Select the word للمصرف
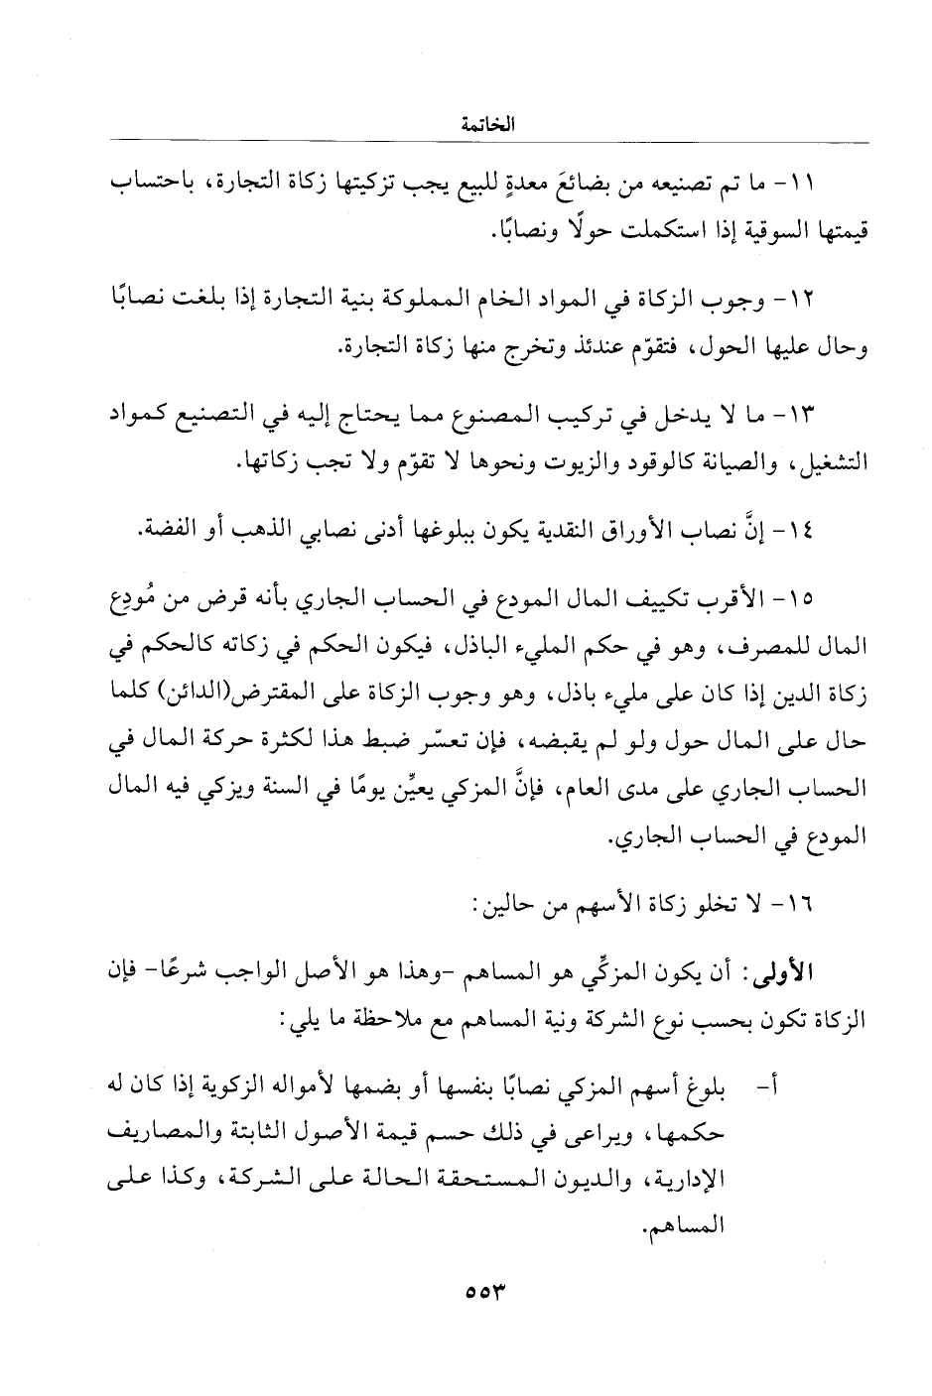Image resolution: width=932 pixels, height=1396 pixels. click(x=769, y=649)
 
